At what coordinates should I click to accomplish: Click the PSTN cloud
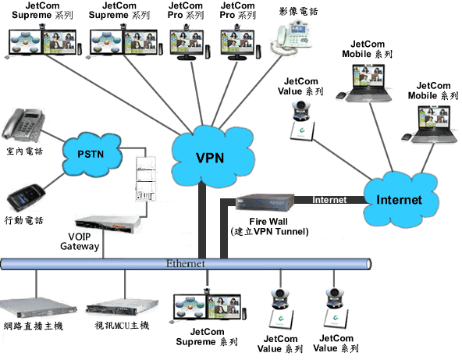[92, 154]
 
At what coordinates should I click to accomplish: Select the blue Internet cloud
[400, 200]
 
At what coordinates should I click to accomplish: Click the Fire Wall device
[265, 202]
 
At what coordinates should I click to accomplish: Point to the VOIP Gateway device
[108, 223]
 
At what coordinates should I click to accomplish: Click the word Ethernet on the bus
[185, 264]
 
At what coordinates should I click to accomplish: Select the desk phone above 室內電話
[23, 125]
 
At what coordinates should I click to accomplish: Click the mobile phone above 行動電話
[26, 197]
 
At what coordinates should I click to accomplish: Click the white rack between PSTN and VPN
[146, 179]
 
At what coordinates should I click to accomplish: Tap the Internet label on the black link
[329, 200]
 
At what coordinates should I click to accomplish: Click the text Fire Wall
[268, 222]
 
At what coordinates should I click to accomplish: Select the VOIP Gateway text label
[80, 241]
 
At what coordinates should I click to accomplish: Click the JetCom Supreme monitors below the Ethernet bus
[208, 307]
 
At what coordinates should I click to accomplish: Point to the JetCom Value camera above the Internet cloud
[302, 121]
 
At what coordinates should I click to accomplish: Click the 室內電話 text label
[25, 151]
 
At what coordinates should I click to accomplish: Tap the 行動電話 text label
[23, 220]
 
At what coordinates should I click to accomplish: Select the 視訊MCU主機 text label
[122, 326]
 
